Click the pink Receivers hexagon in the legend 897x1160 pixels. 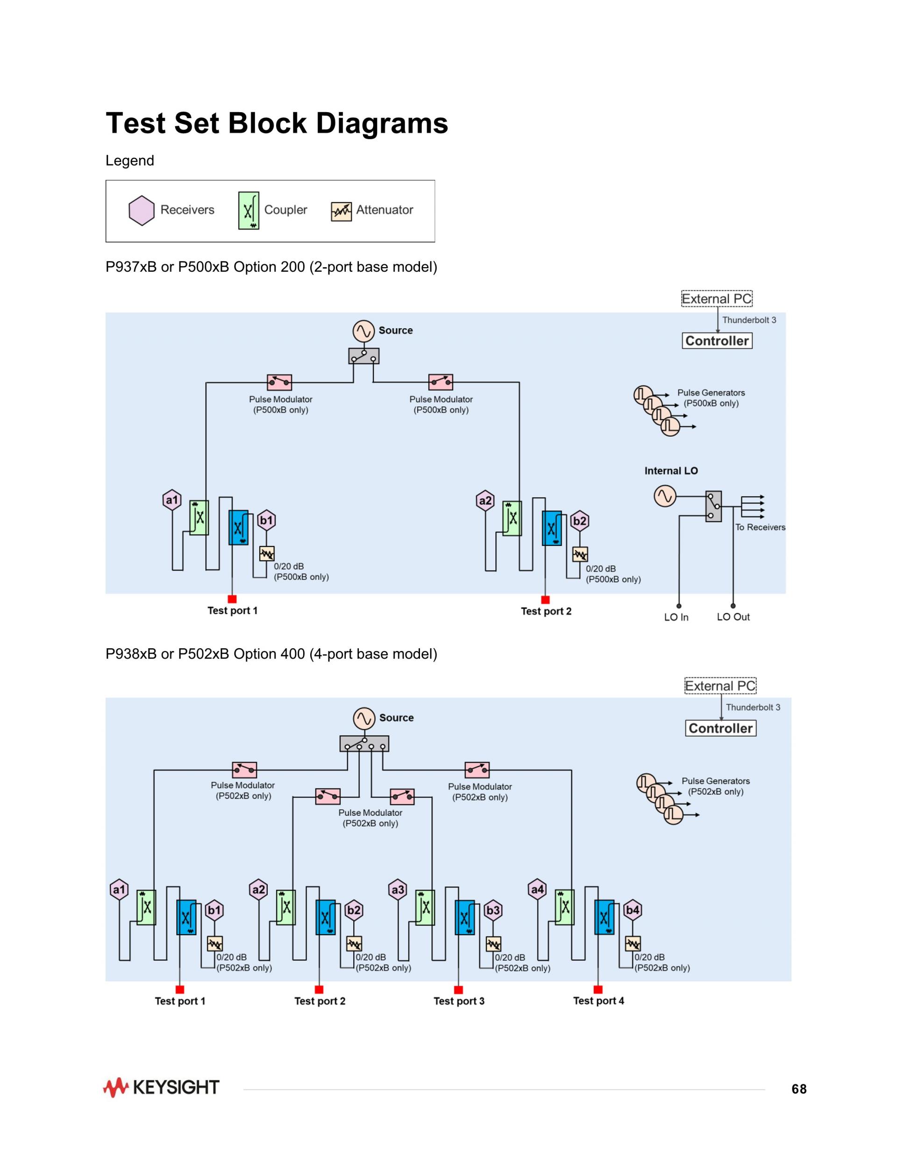coord(142,210)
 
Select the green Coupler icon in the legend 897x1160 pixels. coord(249,210)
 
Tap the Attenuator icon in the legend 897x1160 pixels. coord(341,212)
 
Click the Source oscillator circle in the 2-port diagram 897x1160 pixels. coord(363,331)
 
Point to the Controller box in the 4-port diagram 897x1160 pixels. coord(720,728)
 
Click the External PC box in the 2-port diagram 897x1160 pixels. coord(717,298)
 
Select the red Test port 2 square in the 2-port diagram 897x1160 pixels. coord(545,600)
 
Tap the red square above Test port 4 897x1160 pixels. coord(598,990)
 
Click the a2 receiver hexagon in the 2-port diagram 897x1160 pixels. coord(485,500)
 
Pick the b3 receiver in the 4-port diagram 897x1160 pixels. coord(493,910)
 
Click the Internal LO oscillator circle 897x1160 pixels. coord(665,496)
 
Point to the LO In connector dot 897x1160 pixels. coord(679,606)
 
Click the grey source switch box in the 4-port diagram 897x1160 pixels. coord(364,743)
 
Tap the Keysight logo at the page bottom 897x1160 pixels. coord(161,1088)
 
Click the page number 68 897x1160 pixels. coord(799,1089)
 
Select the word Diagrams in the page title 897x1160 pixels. coord(382,124)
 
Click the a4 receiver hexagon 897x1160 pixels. coord(538,889)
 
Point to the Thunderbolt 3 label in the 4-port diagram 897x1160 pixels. coord(753,707)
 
